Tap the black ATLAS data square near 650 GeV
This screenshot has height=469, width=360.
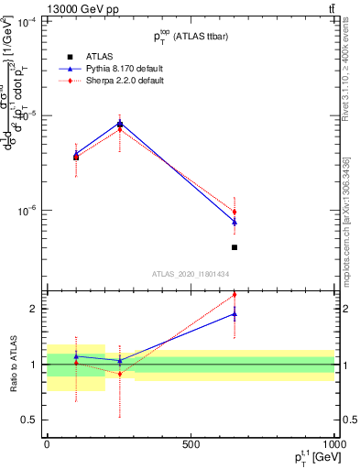pos(235,247)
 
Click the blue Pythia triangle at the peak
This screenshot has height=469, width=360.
pos(119,123)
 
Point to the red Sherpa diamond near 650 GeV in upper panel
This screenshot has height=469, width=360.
pos(235,212)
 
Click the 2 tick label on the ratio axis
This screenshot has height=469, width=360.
pos(32,309)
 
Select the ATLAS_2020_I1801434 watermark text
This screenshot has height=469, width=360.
pos(190,274)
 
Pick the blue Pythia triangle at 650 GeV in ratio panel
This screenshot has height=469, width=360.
pos(235,313)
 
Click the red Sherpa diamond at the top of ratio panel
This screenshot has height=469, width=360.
pos(235,295)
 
